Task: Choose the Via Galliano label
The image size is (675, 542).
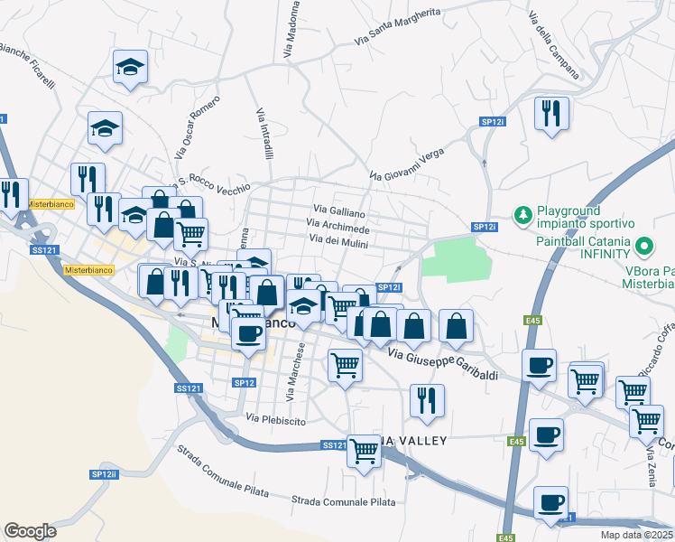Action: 339,210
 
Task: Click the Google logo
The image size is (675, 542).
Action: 30,530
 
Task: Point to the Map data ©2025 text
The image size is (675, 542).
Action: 637,535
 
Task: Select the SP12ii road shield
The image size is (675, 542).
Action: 104,474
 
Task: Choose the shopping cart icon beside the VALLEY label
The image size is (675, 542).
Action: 365,448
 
